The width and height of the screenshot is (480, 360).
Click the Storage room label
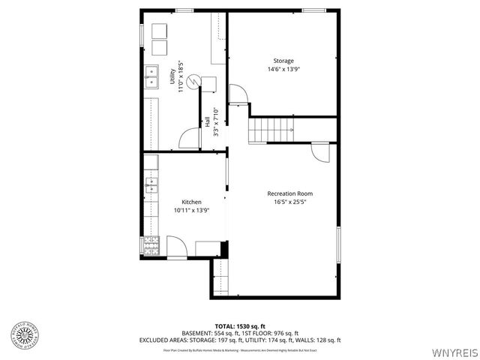click(283, 61)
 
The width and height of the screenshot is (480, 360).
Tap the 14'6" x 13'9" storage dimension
click(283, 69)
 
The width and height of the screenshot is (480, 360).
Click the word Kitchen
click(191, 202)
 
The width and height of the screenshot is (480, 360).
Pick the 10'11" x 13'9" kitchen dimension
click(191, 211)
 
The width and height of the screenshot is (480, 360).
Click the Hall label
click(207, 121)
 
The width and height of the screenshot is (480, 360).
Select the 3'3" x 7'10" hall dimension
click(216, 121)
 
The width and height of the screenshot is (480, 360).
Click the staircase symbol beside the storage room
click(269, 130)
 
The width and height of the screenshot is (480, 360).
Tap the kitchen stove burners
click(151, 244)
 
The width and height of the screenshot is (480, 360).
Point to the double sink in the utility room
click(151, 76)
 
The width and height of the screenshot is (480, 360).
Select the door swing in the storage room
click(238, 94)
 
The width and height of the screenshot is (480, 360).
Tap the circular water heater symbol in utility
click(194, 80)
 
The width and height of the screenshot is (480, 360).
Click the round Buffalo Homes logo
click(24, 335)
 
